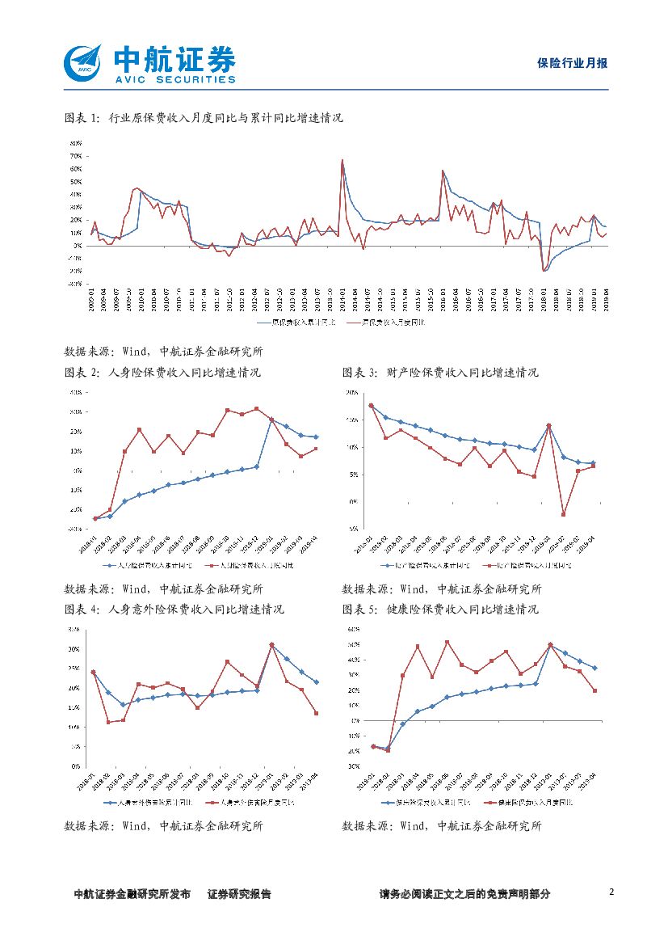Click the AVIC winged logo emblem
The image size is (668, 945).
[x=83, y=62]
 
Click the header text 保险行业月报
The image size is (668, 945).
[x=572, y=63]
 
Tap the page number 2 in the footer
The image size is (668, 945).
[x=611, y=892]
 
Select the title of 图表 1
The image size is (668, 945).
[x=204, y=118]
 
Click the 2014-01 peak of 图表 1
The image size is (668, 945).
[x=342, y=160]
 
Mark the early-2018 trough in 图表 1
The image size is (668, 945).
[x=544, y=270]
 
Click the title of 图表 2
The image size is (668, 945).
[x=162, y=373]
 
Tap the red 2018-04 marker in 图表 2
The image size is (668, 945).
[x=139, y=429]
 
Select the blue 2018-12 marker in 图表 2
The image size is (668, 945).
[x=257, y=466]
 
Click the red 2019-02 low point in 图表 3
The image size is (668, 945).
[x=564, y=514]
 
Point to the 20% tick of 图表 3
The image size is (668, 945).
[x=352, y=393]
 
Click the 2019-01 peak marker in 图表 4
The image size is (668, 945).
[x=271, y=644]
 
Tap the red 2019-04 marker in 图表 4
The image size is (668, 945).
[x=316, y=713]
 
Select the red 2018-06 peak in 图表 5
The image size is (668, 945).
[x=447, y=642]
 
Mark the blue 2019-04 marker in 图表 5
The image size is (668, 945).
[x=595, y=669]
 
